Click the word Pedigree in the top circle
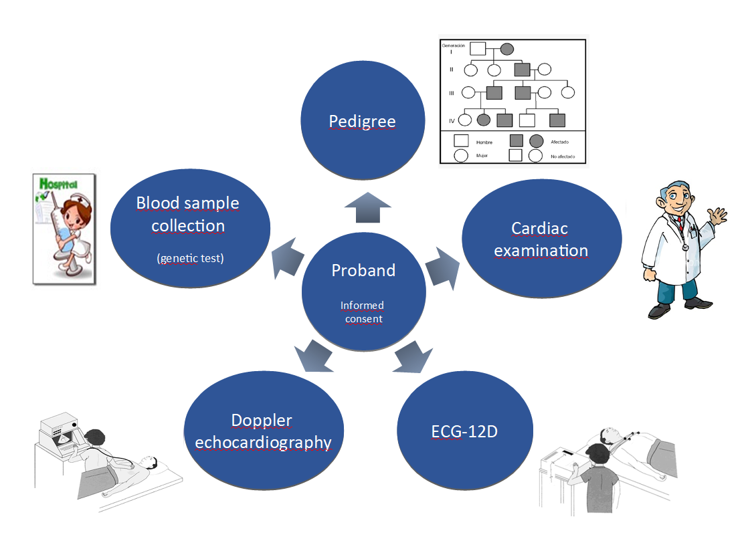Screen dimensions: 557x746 pyautogui.click(x=362, y=122)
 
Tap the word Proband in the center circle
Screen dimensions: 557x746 pyautogui.click(x=363, y=270)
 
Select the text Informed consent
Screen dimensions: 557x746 pyautogui.click(x=363, y=312)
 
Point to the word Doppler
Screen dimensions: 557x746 pyautogui.click(x=262, y=421)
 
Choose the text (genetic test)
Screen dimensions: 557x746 pyautogui.click(x=190, y=258)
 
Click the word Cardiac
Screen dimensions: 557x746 pyautogui.click(x=539, y=228)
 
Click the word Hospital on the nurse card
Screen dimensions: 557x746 pyautogui.click(x=59, y=185)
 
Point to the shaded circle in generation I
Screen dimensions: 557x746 pyautogui.click(x=507, y=49)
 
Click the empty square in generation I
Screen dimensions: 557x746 pyautogui.click(x=477, y=49)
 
